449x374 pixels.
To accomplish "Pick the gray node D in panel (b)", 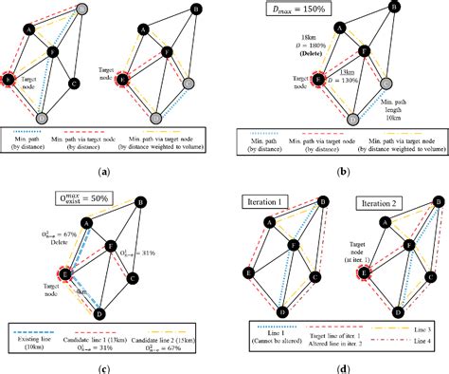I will click(x=353, y=120).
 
